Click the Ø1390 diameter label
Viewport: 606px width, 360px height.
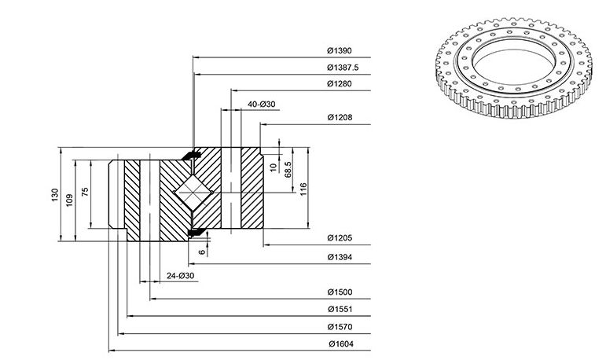340,50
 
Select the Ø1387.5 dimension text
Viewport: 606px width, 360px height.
343,68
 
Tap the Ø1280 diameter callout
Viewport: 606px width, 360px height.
340,83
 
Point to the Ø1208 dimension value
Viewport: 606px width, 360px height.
340,117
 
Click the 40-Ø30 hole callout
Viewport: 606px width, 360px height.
262,105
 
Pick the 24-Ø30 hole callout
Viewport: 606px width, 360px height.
181,276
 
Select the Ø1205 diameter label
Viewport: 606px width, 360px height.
340,238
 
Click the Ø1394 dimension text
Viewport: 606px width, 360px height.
340,257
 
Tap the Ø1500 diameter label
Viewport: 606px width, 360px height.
340,292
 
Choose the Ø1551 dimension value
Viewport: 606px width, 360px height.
340,309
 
